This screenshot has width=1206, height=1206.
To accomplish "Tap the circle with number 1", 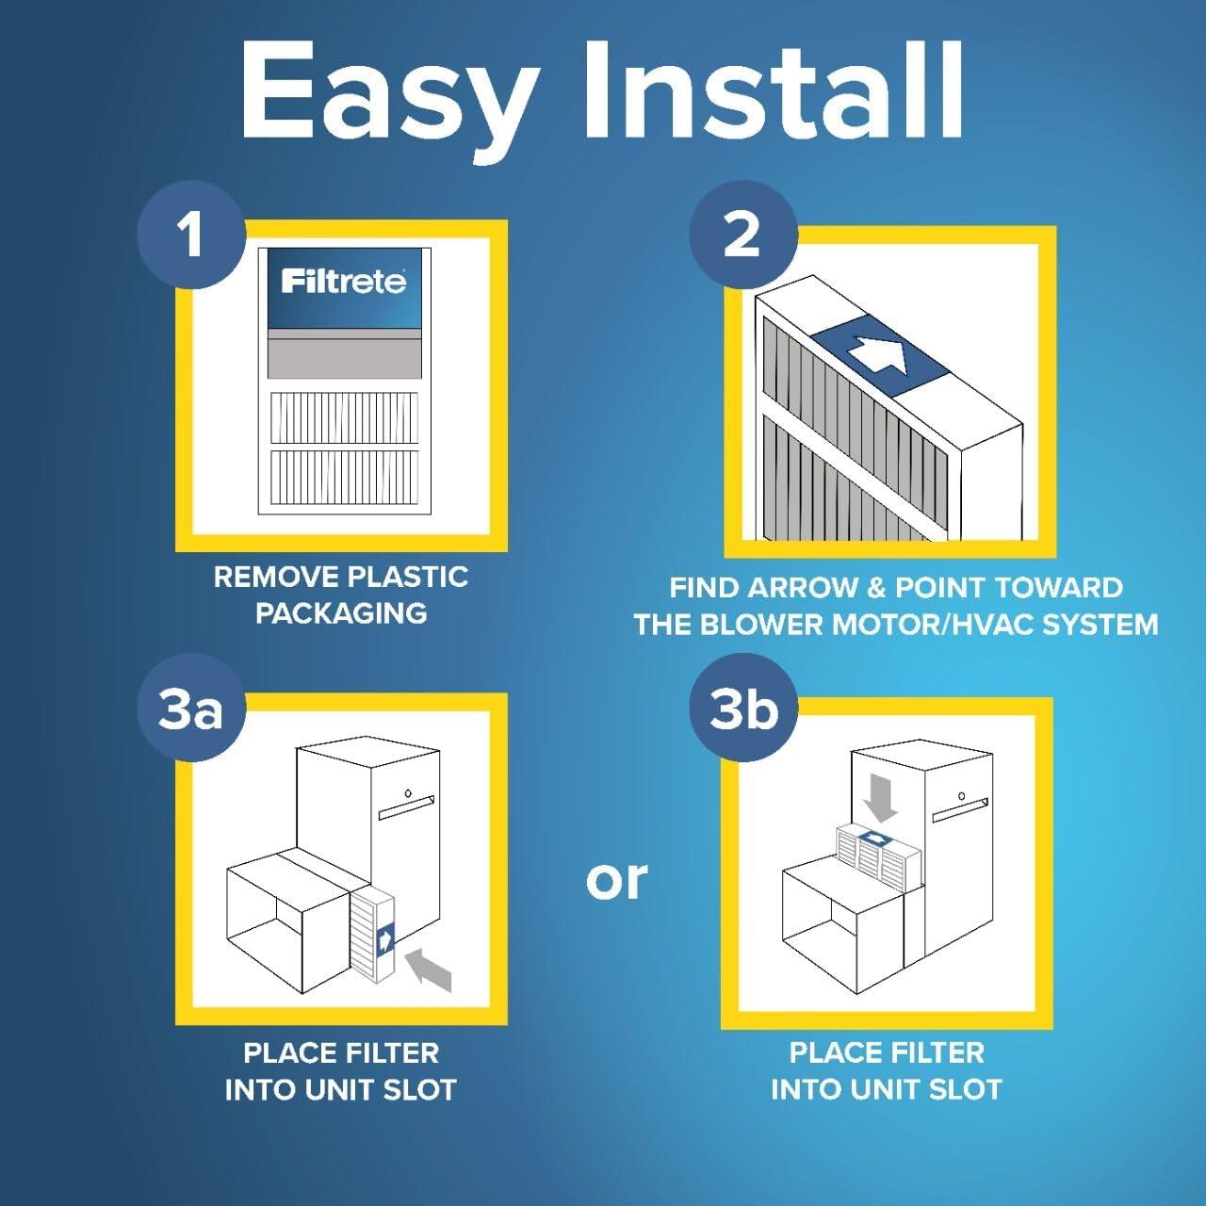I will point(191,234).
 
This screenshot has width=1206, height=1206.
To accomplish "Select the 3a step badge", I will point(191,709).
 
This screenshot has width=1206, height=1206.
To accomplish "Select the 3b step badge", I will point(743,709).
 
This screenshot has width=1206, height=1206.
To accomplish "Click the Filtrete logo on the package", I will point(344,281).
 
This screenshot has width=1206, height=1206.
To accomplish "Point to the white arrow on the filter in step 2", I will point(877,354).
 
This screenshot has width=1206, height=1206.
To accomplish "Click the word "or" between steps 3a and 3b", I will point(616,878).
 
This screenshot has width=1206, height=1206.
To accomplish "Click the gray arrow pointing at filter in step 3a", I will point(430,970).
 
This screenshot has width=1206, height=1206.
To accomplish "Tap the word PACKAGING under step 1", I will point(341,613).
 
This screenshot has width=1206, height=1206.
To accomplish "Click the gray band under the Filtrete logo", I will point(344,353).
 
